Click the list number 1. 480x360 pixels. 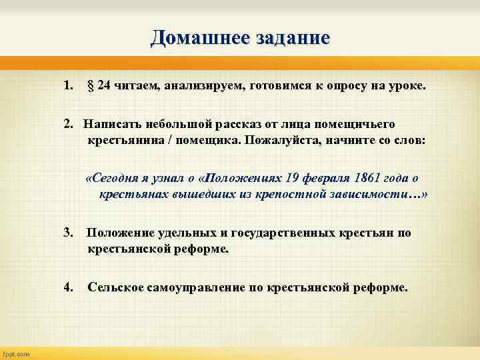tap(67, 85)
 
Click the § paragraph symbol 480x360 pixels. tap(91, 85)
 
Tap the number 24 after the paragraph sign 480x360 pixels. tap(104, 85)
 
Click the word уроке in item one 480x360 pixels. tap(404, 85)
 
